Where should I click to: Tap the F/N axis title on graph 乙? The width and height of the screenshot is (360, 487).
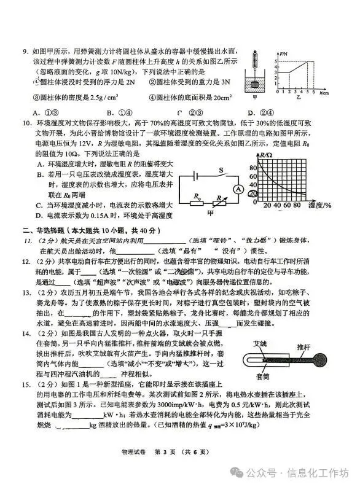pyautogui.click(x=283, y=54)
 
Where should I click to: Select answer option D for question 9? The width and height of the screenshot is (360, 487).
pyautogui.click(x=250, y=112)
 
